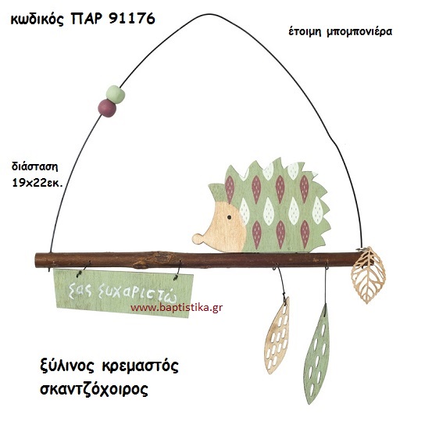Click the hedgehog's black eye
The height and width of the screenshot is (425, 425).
pyautogui.click(x=229, y=217)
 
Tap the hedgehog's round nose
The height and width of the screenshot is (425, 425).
pyautogui.click(x=196, y=238)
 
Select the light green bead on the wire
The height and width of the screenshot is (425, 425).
pyautogui.click(x=115, y=94)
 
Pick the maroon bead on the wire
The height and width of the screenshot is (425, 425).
pyautogui.click(x=107, y=108)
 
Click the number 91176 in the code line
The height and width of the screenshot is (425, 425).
pyautogui.click(x=132, y=19)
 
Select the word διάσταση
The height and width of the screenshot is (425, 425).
pyautogui.click(x=34, y=166)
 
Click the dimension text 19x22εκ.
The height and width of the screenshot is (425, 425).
pyautogui.click(x=37, y=184)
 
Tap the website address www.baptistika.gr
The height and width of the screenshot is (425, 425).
pyautogui.click(x=177, y=308)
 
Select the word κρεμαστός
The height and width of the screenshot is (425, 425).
pyautogui.click(x=141, y=367)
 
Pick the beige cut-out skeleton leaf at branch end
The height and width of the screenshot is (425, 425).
pyautogui.click(x=368, y=274)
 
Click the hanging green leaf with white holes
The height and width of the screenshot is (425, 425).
pyautogui.click(x=317, y=354)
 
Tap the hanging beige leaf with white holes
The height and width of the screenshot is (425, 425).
pyautogui.click(x=277, y=336)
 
